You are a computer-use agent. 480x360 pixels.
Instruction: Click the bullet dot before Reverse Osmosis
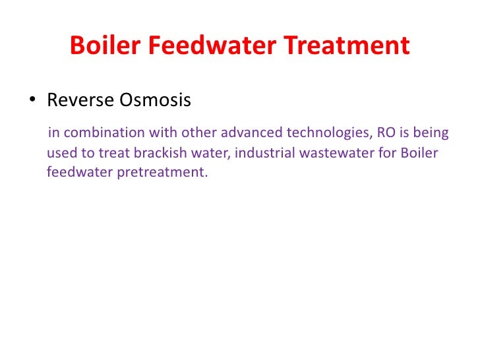[31, 101]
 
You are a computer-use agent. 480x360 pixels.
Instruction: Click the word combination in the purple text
[98, 133]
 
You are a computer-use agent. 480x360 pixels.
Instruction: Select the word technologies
[327, 133]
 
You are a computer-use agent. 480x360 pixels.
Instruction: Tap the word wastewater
[326, 154]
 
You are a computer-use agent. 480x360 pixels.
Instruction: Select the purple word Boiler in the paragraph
[421, 154]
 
